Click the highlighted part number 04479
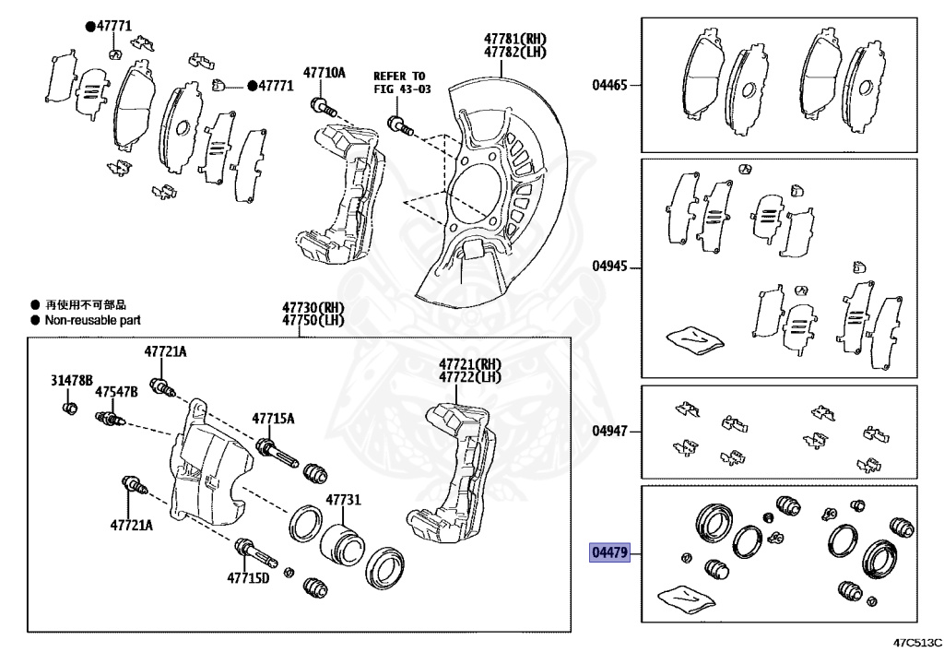point(609,553)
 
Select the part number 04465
point(609,86)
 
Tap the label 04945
point(609,267)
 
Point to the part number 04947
point(609,431)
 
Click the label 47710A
point(324,73)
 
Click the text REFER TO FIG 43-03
point(399,82)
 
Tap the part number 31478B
point(71,380)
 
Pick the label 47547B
point(116,392)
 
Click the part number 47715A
point(274,419)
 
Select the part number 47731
point(341,500)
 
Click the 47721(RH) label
point(469,363)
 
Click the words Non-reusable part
point(92,320)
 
